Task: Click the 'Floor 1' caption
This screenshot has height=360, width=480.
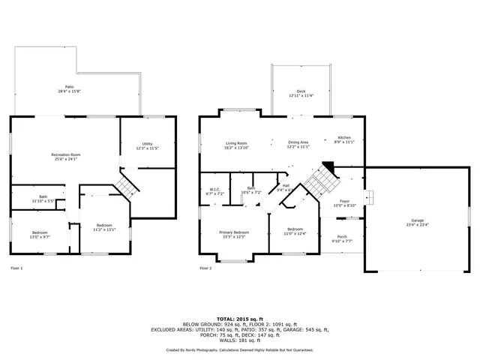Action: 16,268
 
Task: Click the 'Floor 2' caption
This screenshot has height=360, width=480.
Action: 205,268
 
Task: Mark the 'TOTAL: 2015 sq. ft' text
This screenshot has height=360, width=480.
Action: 239,318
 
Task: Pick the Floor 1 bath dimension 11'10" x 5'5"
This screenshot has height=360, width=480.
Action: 42,202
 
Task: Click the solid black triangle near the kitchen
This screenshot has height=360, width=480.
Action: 327,166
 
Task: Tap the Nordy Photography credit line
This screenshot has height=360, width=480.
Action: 239,350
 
